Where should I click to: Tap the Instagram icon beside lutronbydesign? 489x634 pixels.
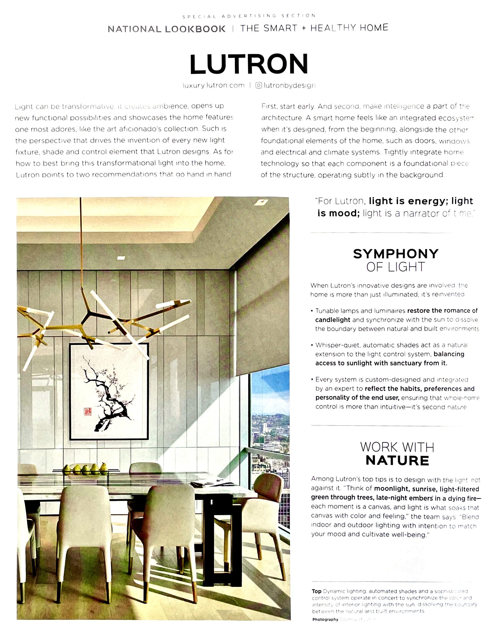click(258, 85)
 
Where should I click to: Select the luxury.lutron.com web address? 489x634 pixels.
click(213, 85)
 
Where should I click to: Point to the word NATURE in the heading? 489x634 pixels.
click(397, 461)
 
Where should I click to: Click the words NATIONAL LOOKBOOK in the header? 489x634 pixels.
click(167, 29)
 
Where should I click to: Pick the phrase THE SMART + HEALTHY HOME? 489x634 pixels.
click(314, 28)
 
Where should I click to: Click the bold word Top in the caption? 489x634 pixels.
click(317, 591)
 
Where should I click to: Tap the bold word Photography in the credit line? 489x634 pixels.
click(325, 619)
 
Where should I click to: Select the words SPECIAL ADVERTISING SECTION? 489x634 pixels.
click(249, 16)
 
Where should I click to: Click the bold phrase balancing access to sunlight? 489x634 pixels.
click(448, 354)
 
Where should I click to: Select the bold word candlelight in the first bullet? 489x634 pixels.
click(333, 320)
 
